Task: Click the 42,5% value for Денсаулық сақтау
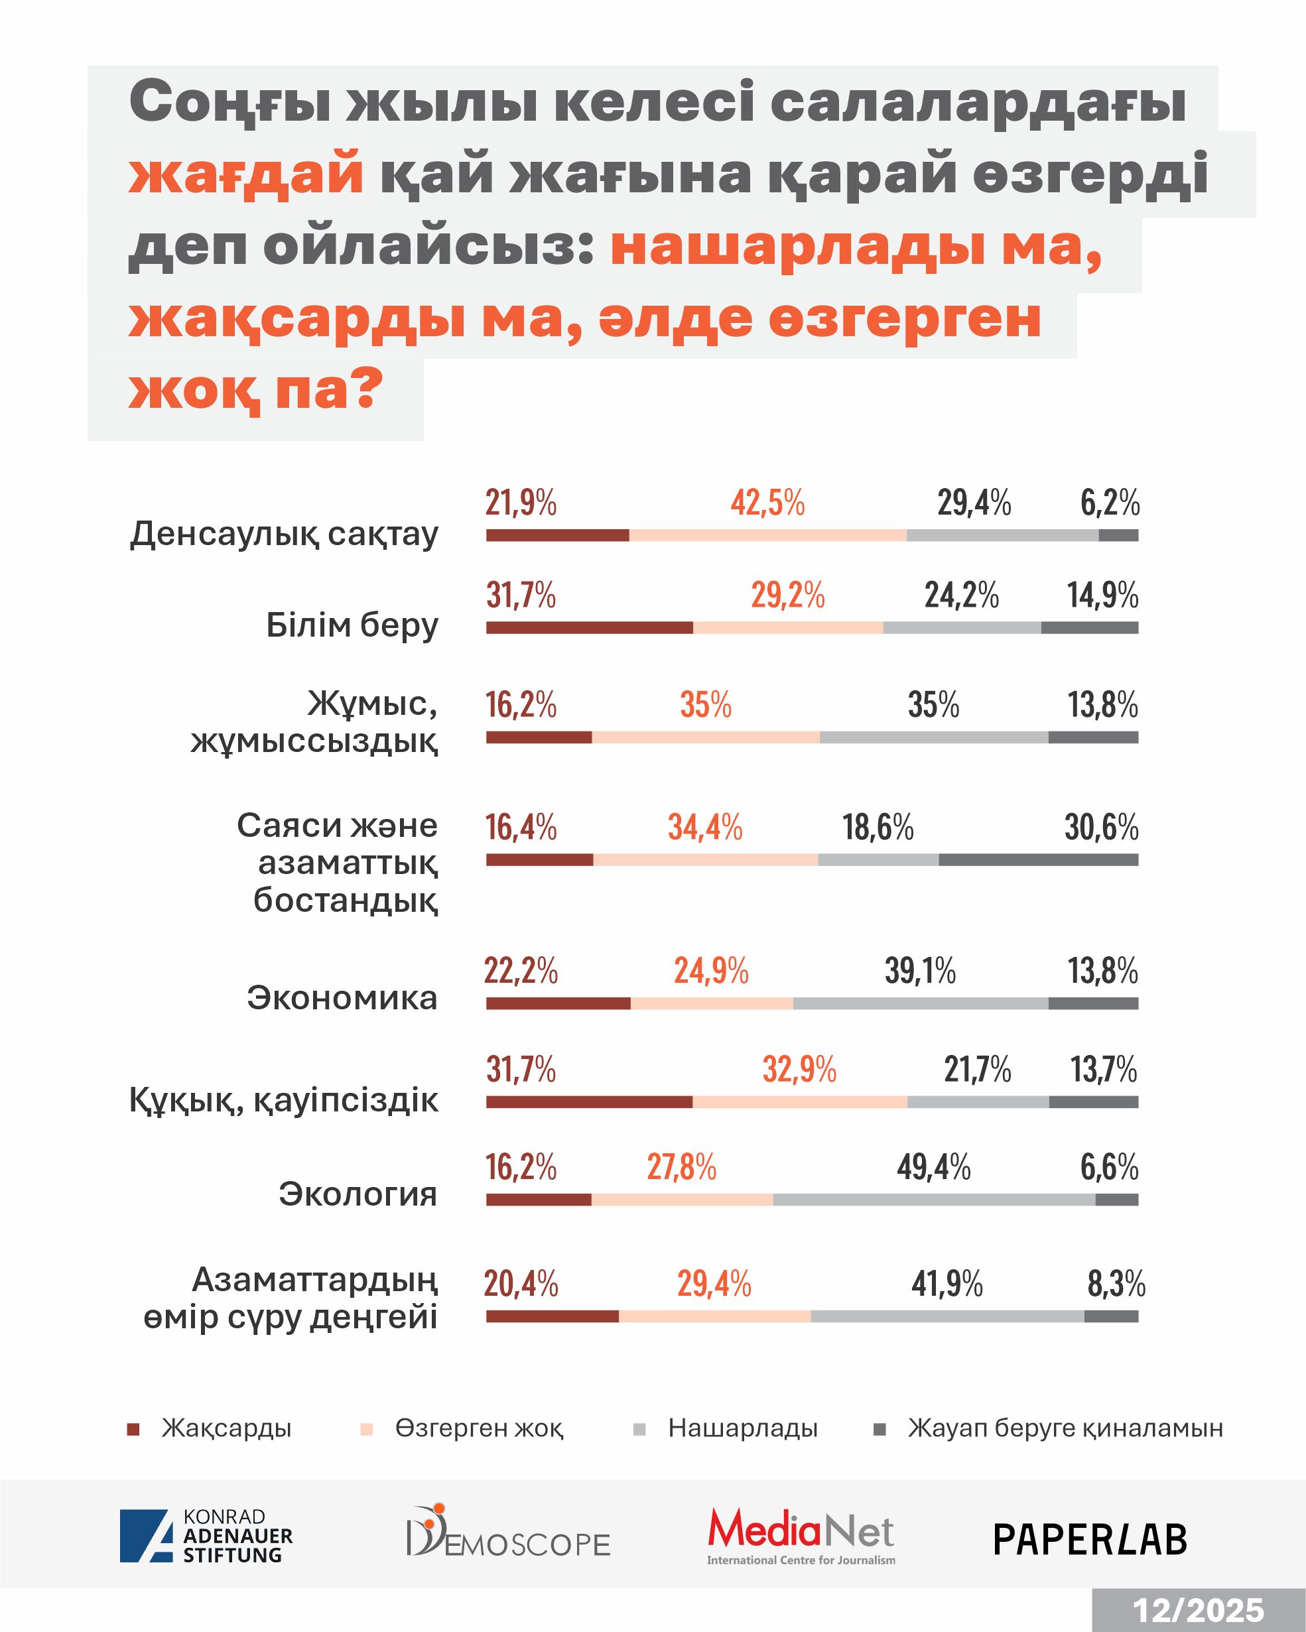click(x=767, y=503)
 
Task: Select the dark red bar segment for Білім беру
click(x=589, y=627)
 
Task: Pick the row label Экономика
click(x=342, y=997)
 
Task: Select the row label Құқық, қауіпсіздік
click(x=283, y=1100)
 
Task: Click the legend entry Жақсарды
click(x=226, y=1428)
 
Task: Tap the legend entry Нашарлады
click(x=742, y=1428)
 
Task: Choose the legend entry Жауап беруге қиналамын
click(x=1065, y=1428)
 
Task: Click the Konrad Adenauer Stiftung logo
click(x=206, y=1536)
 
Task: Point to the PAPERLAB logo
click(x=1090, y=1540)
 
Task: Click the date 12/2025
click(x=1198, y=1610)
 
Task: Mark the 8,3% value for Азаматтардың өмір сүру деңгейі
click(x=1116, y=1284)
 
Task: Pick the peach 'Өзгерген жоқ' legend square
click(x=367, y=1429)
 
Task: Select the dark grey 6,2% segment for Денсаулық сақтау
click(x=1118, y=535)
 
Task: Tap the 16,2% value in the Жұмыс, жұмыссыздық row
click(x=521, y=705)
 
